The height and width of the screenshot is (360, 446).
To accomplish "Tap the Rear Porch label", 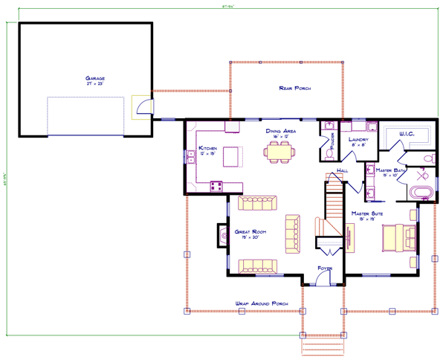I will coord(294,88).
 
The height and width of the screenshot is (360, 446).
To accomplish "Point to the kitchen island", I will coord(233,156).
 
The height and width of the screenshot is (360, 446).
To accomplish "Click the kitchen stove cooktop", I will coord(217,184).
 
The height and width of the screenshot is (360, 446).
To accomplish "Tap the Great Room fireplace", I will coord(222,237).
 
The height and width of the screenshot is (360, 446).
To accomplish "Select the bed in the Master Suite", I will coord(394,239).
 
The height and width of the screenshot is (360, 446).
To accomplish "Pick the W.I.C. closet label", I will coord(406,134).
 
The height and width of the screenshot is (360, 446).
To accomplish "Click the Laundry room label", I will coord(359,138).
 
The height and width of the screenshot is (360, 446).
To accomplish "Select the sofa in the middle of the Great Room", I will coord(293,231).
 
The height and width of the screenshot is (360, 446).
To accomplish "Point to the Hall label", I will coord(342,170).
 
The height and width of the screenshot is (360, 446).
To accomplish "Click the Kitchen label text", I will coord(207,149).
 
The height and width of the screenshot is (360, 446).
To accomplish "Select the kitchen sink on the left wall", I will coord(191,156).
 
